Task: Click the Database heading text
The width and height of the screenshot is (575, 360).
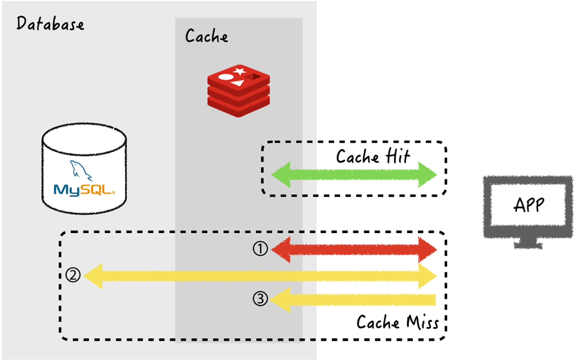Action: (x=50, y=24)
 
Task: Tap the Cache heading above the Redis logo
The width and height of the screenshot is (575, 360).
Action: (x=206, y=36)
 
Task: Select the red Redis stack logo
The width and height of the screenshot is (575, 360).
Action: (x=239, y=91)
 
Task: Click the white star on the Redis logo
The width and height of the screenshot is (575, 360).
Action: (x=240, y=71)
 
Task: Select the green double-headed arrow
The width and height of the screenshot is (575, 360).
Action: (x=354, y=175)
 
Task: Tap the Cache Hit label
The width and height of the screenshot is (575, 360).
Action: (x=373, y=156)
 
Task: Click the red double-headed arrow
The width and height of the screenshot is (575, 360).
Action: (x=354, y=250)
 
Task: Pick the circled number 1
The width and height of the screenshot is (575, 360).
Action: (x=260, y=249)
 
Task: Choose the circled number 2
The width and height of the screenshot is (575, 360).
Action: (x=73, y=275)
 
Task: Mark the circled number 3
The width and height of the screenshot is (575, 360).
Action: (x=260, y=299)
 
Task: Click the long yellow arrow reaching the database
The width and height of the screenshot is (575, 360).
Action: (x=259, y=276)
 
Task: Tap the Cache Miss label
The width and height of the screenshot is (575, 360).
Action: (x=397, y=323)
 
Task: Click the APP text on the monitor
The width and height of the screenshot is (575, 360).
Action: (x=529, y=205)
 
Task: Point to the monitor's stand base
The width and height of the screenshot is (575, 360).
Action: (x=528, y=245)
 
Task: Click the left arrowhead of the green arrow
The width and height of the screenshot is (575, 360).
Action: (x=282, y=175)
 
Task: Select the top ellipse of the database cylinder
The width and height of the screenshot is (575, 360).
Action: (x=84, y=139)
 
